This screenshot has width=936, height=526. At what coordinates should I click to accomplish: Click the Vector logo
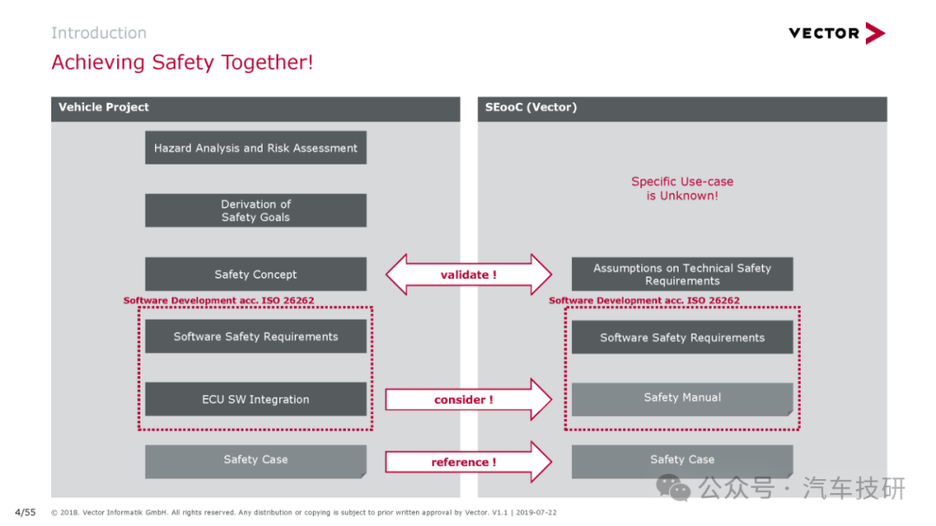click(x=836, y=33)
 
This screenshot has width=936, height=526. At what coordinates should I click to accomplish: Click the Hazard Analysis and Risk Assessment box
click(x=256, y=147)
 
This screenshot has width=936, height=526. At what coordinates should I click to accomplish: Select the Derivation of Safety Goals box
click(x=256, y=211)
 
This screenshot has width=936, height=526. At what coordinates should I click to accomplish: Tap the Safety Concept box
click(x=256, y=274)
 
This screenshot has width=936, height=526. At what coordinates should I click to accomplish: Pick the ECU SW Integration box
click(x=256, y=399)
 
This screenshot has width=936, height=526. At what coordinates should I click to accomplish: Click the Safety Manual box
click(x=682, y=399)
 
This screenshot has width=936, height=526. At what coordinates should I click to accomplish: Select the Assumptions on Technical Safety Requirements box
click(x=682, y=274)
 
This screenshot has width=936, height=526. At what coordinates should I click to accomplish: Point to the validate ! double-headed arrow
click(x=469, y=275)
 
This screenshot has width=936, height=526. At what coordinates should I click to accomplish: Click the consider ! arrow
click(x=469, y=399)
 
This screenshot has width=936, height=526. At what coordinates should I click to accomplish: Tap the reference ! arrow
click(x=469, y=462)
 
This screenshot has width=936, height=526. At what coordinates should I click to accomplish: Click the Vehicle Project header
click(x=256, y=109)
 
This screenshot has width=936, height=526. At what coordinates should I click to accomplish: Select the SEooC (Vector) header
click(x=682, y=109)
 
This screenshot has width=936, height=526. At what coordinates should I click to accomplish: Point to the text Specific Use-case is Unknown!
click(x=682, y=189)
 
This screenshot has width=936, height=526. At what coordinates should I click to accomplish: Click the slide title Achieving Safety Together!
click(x=182, y=62)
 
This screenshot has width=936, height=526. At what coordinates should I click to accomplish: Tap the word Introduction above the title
click(x=99, y=33)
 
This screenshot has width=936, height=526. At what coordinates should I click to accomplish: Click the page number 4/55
click(x=25, y=512)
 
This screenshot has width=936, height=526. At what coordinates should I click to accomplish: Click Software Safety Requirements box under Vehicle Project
click(x=256, y=336)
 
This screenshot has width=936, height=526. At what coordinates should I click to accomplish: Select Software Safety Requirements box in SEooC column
click(x=682, y=337)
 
